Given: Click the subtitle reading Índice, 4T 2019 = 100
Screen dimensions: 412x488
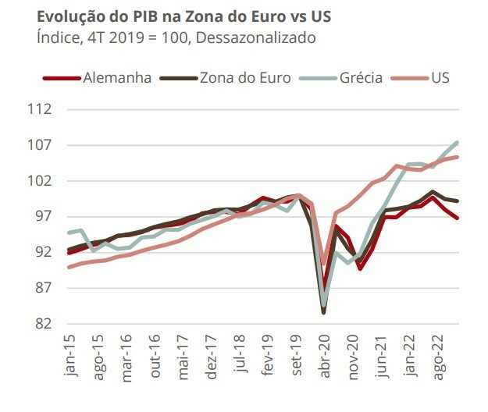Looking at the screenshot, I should click(176, 36).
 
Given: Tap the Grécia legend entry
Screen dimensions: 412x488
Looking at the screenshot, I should click(360, 78).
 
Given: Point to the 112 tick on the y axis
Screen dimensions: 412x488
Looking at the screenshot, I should click(39, 109).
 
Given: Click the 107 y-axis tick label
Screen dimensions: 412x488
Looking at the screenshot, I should click(39, 145).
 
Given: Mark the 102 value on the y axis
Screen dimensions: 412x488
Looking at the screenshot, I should click(39, 181).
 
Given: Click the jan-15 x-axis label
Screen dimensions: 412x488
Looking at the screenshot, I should click(70, 357).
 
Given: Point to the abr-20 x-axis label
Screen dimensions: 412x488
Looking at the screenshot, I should click(323, 357).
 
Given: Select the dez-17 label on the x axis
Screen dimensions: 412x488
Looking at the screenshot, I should click(210, 357).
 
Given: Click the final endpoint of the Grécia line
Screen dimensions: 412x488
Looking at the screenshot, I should click(457, 143).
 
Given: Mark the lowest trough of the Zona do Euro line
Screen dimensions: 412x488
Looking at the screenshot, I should click(323, 312).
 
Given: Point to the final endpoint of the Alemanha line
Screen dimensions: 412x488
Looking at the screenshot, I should click(457, 218).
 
